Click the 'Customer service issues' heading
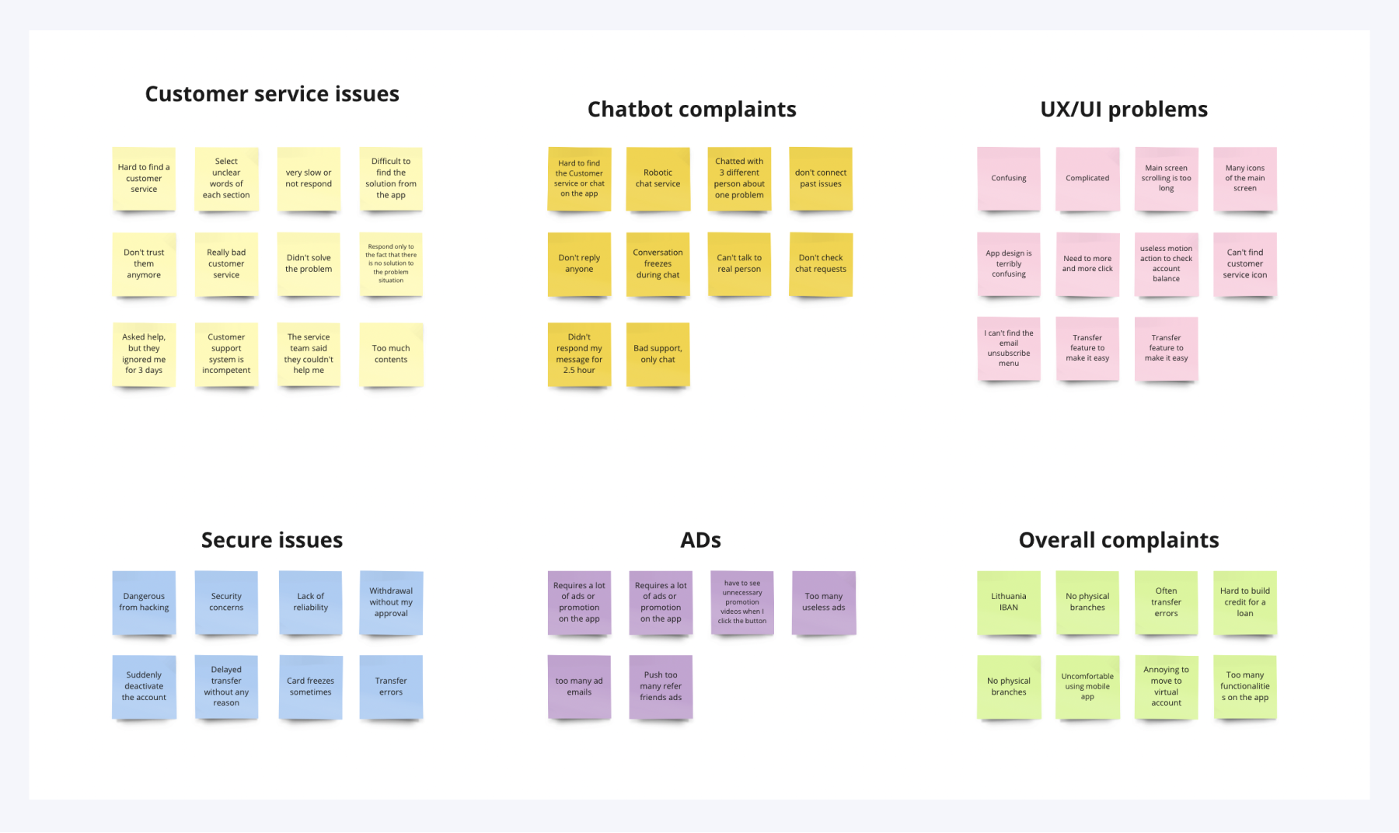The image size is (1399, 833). click(272, 94)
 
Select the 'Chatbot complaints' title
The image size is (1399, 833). click(692, 110)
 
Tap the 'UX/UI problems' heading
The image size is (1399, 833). click(1124, 110)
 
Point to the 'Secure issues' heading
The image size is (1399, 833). click(272, 540)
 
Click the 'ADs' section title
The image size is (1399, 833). click(700, 540)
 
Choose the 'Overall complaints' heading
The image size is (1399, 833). click(1118, 540)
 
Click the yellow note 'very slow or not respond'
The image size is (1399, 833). click(309, 179)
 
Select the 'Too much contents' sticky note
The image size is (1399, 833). click(391, 354)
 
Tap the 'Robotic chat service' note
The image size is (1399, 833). click(658, 179)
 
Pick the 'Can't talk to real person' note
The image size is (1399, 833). click(739, 264)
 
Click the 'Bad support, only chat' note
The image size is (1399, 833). click(658, 354)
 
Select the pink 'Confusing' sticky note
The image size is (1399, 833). click(1008, 179)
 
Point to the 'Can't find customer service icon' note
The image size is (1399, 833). click(1244, 264)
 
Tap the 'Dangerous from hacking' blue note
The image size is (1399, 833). click(144, 602)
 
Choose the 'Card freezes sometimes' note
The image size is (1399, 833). click(310, 687)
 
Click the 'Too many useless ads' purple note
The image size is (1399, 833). click(823, 602)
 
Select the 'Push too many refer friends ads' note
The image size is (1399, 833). click(661, 687)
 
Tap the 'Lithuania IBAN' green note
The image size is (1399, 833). click(1008, 602)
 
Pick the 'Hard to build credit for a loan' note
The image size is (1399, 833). click(1244, 602)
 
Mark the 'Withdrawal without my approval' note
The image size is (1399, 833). click(391, 602)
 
